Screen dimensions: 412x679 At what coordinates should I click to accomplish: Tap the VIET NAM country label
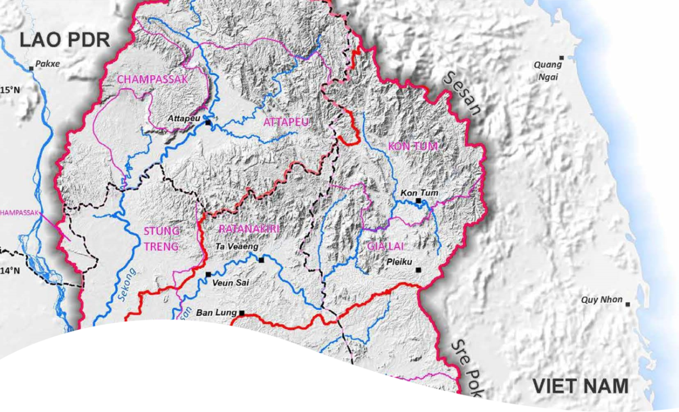[580, 387]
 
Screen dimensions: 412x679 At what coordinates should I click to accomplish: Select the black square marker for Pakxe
[32, 68]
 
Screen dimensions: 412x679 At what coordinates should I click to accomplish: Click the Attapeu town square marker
[208, 122]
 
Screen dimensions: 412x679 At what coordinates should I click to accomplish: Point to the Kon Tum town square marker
[418, 201]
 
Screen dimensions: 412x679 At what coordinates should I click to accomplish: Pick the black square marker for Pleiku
[419, 270]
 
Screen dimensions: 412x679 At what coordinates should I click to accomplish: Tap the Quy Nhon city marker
[628, 304]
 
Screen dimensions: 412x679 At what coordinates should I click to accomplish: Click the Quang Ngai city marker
[561, 58]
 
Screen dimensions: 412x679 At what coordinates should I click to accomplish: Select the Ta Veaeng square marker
[261, 260]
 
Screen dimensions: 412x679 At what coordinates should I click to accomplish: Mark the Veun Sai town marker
[208, 274]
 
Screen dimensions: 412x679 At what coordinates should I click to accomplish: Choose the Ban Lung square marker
[242, 312]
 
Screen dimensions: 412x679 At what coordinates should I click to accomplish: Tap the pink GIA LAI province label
[386, 246]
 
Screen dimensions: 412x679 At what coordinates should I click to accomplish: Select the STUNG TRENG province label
[162, 238]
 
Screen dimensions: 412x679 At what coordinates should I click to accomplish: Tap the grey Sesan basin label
[463, 94]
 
